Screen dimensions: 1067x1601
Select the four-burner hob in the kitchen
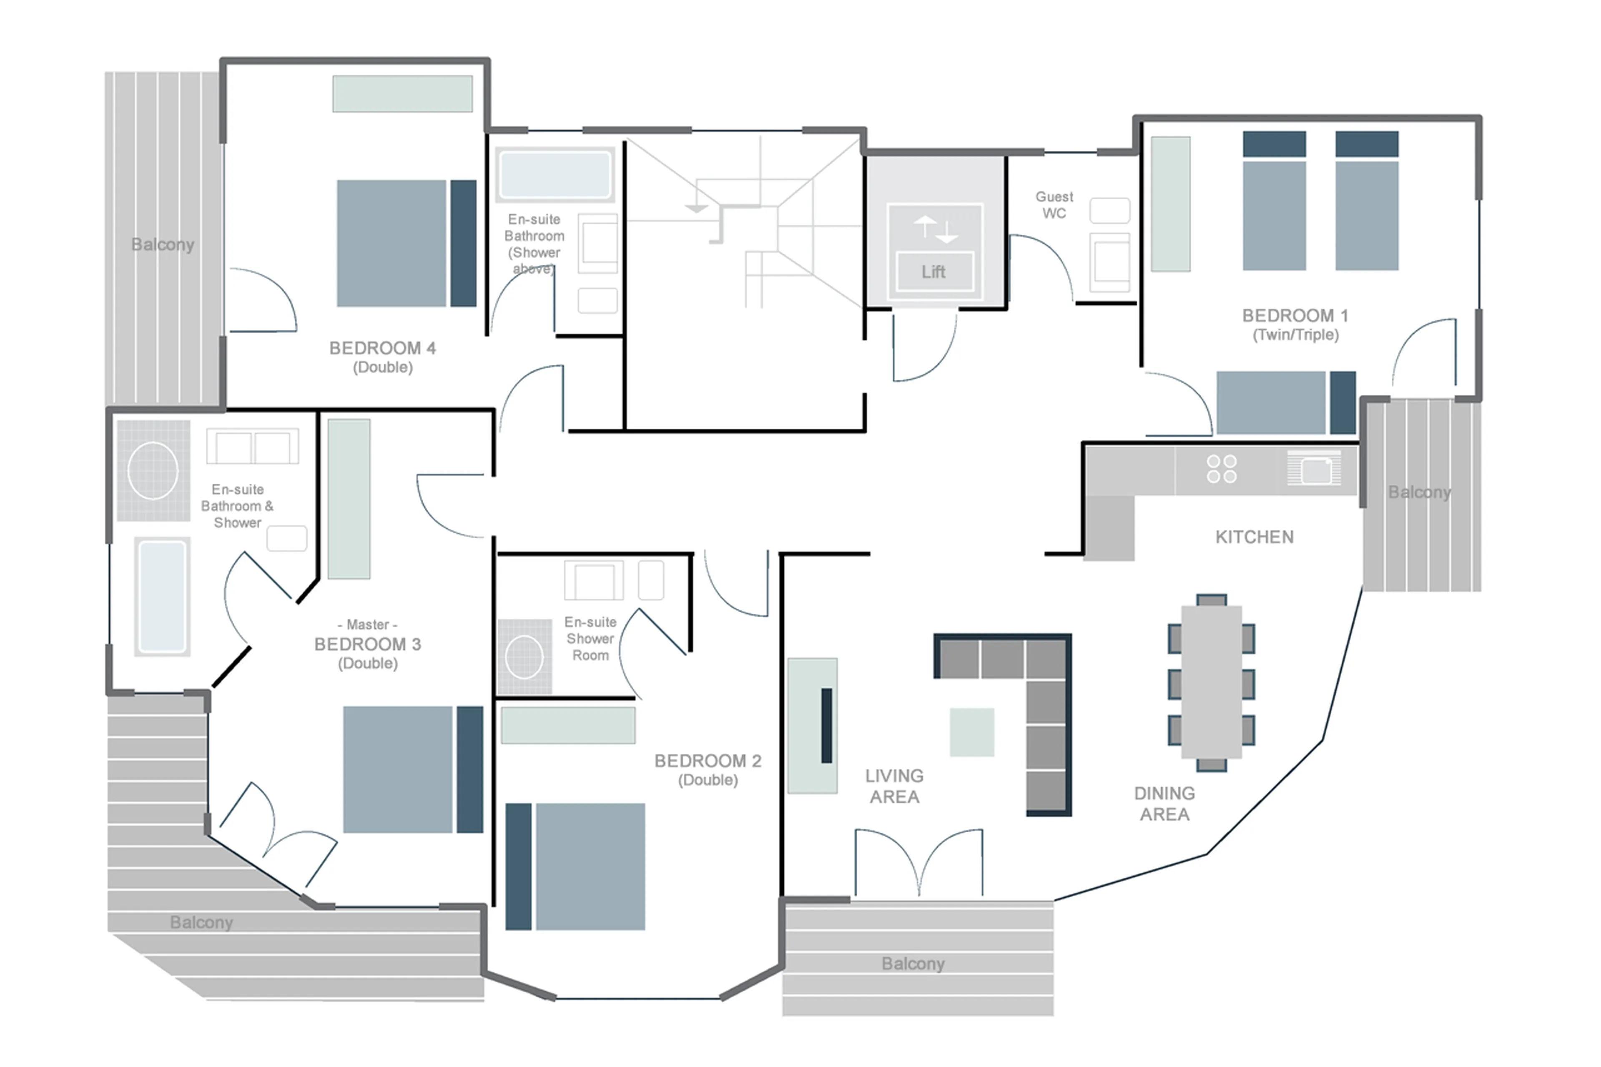coord(1221,469)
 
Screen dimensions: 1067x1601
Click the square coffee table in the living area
coord(971,732)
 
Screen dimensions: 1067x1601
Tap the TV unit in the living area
coord(813,726)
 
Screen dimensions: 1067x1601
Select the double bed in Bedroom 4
coord(406,243)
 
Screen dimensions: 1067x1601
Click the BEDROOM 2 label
coord(708,761)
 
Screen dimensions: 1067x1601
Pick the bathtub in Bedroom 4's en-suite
coord(555,174)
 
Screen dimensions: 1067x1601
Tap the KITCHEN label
coord(1254,537)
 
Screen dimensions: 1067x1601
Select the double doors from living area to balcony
coord(918,863)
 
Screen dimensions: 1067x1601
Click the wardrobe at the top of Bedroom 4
coord(402,93)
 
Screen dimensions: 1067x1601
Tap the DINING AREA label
coord(1164,803)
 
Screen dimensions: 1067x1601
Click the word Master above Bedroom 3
coord(367,624)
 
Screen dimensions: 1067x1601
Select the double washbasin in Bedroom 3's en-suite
coord(252,447)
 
